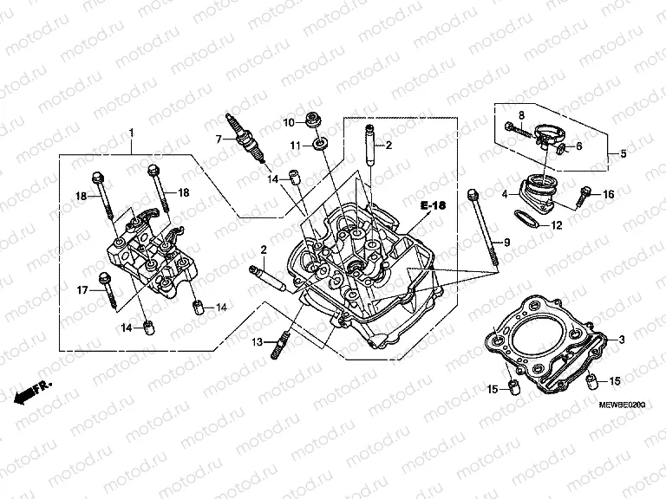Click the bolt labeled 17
coord(108,290)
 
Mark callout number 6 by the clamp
coord(579,146)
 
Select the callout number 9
coord(508,240)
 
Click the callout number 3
coord(622,339)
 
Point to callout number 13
coord(258,344)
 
